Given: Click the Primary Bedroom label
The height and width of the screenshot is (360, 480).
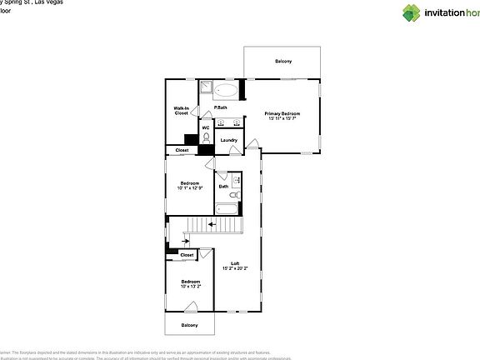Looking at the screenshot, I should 282,113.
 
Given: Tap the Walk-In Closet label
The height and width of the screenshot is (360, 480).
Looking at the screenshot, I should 181,111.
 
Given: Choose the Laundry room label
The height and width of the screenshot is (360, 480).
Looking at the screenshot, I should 229,140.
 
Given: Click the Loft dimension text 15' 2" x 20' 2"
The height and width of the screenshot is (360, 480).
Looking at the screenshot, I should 234,268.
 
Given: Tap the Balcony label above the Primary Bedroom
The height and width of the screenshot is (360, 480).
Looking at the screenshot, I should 282,62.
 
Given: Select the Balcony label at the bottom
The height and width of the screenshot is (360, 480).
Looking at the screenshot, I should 189,325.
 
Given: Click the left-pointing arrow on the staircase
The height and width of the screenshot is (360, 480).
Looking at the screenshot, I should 213,224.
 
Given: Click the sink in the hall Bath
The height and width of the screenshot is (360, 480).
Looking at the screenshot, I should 236,180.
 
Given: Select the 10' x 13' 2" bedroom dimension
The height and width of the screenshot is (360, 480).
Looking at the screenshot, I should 189,287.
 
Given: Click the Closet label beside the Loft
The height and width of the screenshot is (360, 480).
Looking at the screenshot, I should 187,255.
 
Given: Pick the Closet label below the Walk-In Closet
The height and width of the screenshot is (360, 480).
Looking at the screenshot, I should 181,150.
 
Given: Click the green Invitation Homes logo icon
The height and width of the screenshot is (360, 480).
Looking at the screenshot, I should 412,12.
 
